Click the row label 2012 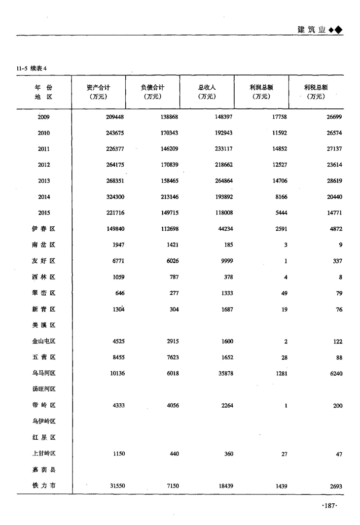tap(44, 165)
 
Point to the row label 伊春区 tap(43, 229)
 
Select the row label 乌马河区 tap(43, 373)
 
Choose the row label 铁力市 tap(43, 486)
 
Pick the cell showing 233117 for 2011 tap(223, 149)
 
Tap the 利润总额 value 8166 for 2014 tap(280, 197)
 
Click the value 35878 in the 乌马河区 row tap(224, 373)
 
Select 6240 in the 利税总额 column tap(335, 373)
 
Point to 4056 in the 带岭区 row tap(171, 406)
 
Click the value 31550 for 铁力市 tap(116, 486)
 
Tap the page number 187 tap(328, 506)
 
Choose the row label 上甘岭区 tap(43, 454)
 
